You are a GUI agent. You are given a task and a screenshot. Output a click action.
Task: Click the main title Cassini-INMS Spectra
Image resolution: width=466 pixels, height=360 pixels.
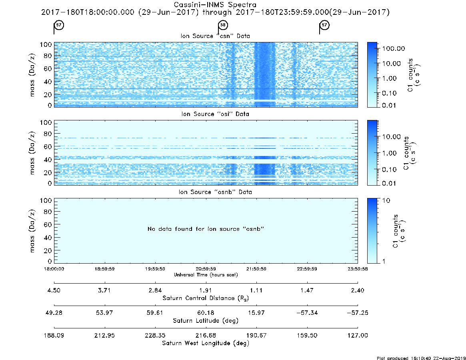[215, 5]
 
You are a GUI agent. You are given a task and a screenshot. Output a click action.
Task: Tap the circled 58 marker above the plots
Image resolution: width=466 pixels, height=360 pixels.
[223, 25]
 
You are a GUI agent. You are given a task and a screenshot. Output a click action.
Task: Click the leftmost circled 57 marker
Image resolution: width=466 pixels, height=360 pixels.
[59, 25]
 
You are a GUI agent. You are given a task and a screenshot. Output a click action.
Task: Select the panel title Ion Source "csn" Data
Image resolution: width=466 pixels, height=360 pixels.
[215, 36]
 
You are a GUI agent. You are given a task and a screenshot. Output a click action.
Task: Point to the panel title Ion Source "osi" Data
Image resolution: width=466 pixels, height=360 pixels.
[215, 114]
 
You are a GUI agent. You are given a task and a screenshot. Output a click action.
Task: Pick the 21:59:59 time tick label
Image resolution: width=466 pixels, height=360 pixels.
[256, 269]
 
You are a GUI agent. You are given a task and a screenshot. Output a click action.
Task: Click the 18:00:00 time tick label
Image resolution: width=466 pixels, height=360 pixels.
[54, 269]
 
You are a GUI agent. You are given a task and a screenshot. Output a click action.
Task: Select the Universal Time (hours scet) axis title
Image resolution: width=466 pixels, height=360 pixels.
[206, 275]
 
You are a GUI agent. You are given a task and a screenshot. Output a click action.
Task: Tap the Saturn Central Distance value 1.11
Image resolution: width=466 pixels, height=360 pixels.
[256, 290]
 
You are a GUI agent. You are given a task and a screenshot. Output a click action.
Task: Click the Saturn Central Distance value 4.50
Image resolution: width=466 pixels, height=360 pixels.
[54, 290]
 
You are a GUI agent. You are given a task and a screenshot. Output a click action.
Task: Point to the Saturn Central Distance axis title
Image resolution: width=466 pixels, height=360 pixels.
[206, 298]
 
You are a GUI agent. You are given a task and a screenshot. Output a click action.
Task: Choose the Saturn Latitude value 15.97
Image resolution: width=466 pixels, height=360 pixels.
[256, 313]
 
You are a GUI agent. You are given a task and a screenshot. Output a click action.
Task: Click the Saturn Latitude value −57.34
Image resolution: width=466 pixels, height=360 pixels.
[307, 313]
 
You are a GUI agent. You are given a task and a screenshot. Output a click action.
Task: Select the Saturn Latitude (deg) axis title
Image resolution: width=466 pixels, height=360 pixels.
[206, 321]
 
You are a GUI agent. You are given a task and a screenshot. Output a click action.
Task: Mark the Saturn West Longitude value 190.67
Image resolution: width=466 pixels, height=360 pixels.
[256, 335]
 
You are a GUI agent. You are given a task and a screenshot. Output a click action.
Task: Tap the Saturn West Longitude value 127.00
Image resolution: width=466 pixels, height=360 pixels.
[358, 335]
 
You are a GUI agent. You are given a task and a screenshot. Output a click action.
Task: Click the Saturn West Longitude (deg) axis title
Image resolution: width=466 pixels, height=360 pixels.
[206, 343]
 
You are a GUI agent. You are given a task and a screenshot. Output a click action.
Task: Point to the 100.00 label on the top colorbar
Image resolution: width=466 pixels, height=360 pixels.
[394, 49]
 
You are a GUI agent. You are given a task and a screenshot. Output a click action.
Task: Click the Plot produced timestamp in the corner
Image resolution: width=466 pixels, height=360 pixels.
[421, 358]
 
